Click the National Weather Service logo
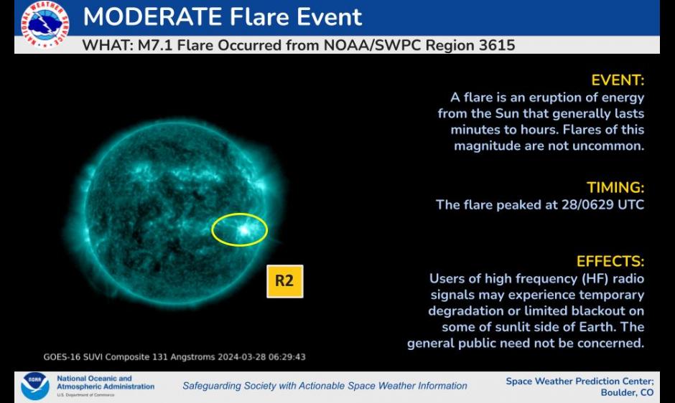pos(45,24)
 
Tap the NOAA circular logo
pos(35,386)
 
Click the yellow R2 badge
pos(284,281)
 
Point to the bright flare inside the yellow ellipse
pos(244,230)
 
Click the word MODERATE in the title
pos(152,16)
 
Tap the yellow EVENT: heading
pos(618,80)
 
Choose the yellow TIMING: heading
pos(615,188)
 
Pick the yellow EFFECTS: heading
pos(610,262)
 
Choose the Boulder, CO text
pos(627,392)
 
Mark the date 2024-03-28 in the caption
pos(241,357)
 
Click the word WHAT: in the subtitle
pos(108,45)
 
